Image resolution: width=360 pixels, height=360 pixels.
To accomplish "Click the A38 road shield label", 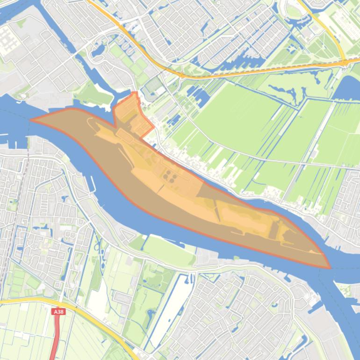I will click(58, 311).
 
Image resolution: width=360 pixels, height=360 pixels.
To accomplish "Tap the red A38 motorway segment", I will click(56, 337).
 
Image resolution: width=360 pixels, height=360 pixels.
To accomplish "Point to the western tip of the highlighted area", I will click(31, 120).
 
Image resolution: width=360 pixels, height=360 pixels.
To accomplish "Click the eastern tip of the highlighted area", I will click(330, 268).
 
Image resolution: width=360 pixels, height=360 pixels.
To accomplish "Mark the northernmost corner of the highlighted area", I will click(136, 92).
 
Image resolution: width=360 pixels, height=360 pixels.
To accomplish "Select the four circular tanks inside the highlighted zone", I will click(170, 177).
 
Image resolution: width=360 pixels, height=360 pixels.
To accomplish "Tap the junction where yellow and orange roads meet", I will click(345, 62).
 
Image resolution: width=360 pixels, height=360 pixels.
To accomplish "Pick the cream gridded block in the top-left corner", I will click(8, 38).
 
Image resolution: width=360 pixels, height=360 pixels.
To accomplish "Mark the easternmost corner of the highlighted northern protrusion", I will click(154, 127).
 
